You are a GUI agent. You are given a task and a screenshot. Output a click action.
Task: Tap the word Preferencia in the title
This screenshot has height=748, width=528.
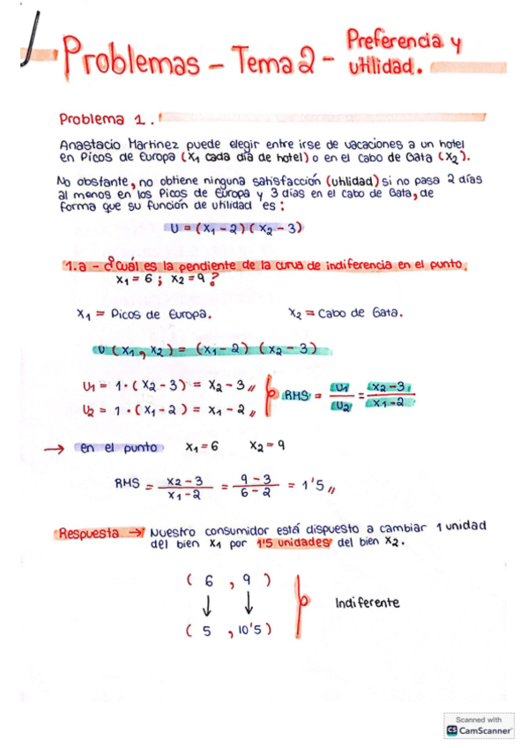pyautogui.click(x=393, y=41)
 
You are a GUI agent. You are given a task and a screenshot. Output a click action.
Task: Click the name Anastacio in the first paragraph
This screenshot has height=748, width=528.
pyautogui.click(x=89, y=143)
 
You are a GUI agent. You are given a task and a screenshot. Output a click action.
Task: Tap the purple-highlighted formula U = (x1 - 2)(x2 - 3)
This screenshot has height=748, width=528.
pyautogui.click(x=236, y=228)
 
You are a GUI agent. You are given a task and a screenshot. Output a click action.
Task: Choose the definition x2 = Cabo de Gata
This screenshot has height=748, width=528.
pyautogui.click(x=346, y=313)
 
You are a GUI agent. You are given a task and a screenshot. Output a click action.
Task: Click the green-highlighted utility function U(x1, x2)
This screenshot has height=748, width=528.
pyautogui.click(x=212, y=349)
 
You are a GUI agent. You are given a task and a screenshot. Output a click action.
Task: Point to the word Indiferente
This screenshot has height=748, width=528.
pyautogui.click(x=368, y=603)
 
